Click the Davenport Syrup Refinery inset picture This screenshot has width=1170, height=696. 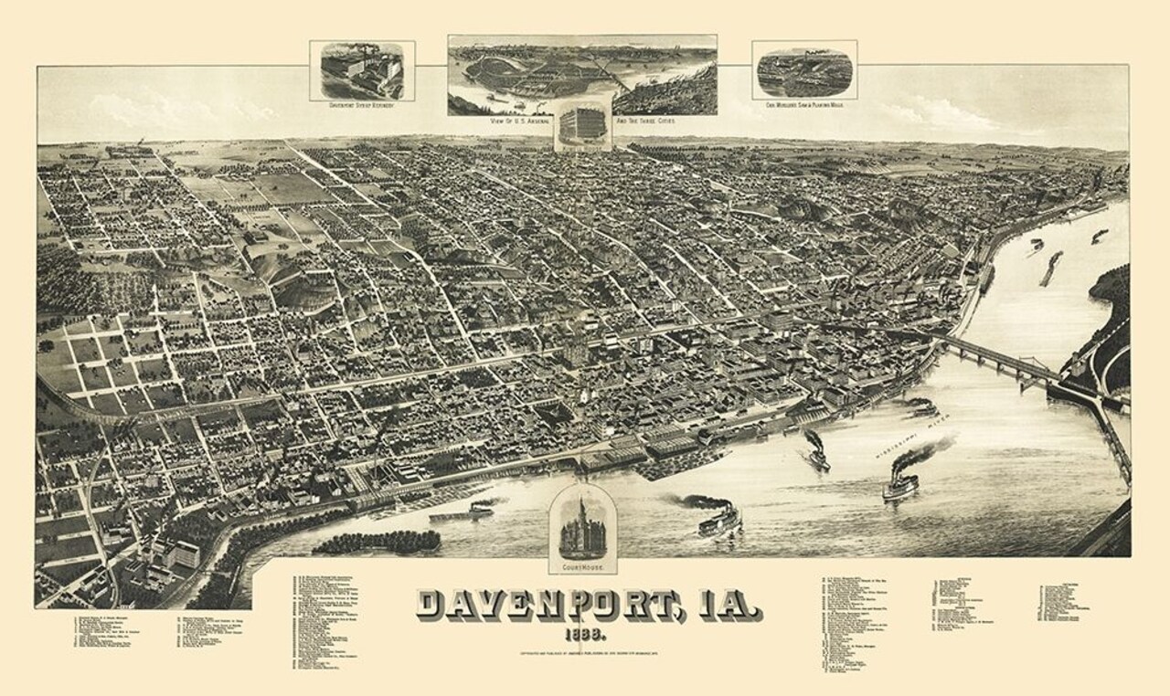[362, 70]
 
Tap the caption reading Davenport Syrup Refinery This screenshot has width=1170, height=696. [362, 104]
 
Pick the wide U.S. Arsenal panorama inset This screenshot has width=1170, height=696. [582, 74]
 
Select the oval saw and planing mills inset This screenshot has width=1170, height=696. [804, 70]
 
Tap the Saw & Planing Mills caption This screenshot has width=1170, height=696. [804, 104]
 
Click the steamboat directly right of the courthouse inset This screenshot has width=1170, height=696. [719, 520]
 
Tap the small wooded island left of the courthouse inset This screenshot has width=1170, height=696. [377, 542]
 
